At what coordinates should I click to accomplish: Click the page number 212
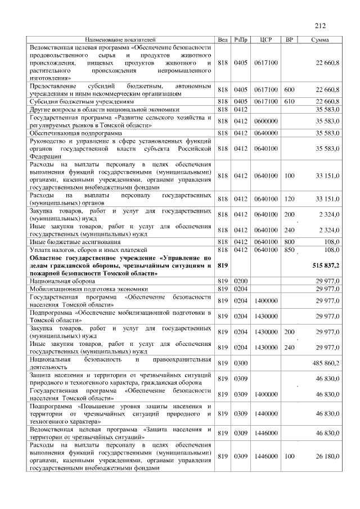tap(320, 25)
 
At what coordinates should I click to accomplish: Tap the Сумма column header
tap(321, 40)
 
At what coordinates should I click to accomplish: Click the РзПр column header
tap(241, 40)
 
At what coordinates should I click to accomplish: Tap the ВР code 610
tap(289, 101)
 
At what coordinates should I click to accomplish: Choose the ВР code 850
tap(289, 249)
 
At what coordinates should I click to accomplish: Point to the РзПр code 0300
tap(241, 363)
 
